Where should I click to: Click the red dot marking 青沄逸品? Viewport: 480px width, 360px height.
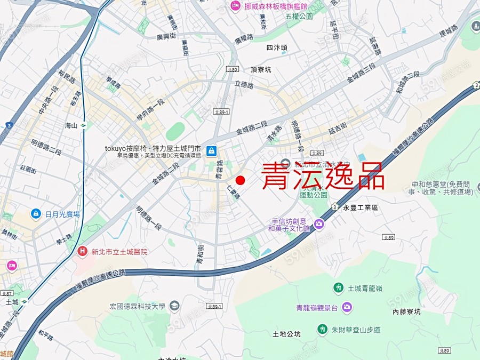point(240,180)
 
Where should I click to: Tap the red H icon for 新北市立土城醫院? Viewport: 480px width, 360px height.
point(82,251)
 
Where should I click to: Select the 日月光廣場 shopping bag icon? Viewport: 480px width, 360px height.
point(36,214)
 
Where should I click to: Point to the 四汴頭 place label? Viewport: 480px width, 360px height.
point(277,47)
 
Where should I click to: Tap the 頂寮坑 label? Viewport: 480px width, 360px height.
point(261,69)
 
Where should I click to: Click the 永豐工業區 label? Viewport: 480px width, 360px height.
point(361,207)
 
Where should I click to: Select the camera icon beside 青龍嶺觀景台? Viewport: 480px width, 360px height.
point(347,307)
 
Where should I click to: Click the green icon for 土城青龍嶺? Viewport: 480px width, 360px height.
point(338,288)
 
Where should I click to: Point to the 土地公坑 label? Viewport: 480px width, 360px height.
point(286,334)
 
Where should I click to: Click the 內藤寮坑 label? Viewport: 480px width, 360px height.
point(406,311)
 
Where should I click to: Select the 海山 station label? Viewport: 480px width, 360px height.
point(71,126)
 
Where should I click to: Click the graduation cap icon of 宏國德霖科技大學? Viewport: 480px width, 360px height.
point(174,306)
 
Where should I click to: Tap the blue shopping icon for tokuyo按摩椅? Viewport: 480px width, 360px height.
point(212,151)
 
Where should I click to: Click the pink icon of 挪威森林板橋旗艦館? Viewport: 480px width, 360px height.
point(235,6)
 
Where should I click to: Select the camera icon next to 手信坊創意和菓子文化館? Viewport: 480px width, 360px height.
point(319,224)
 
